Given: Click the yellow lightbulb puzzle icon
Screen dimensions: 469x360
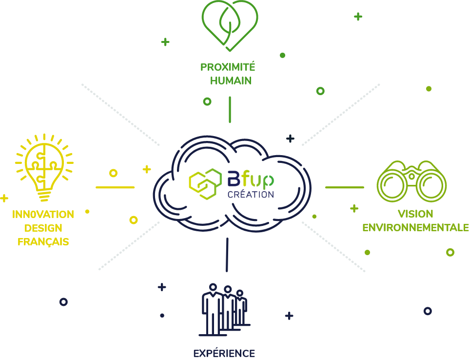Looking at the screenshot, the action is click(x=44, y=167).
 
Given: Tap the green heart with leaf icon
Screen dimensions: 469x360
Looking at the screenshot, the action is click(x=230, y=25).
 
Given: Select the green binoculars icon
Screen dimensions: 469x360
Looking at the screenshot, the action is click(x=411, y=181).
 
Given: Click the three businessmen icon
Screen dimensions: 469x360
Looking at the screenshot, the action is click(x=224, y=309).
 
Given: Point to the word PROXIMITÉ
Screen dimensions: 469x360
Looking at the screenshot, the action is click(x=228, y=67).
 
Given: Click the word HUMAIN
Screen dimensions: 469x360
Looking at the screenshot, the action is click(x=231, y=81).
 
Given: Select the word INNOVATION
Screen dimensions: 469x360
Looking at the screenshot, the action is click(x=43, y=214).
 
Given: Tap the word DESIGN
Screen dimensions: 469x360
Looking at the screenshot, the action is click(x=43, y=228).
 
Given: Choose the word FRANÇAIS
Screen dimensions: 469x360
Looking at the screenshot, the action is click(x=43, y=241).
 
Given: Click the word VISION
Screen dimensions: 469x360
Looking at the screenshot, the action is click(x=415, y=214).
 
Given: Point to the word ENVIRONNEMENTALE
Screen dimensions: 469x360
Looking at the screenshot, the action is click(x=415, y=227).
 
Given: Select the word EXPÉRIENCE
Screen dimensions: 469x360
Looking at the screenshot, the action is click(x=224, y=353).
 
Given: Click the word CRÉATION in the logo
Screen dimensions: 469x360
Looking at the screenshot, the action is click(x=251, y=195).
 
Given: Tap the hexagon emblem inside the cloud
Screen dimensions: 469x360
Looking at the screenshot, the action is click(x=205, y=184).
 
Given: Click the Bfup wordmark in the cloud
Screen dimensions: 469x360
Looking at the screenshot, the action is click(x=251, y=179).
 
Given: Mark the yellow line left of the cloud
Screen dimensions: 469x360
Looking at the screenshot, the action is click(x=115, y=187).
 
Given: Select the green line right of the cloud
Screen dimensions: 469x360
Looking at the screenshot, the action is click(x=345, y=187).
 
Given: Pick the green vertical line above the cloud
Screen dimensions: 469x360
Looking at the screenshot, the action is click(x=230, y=110).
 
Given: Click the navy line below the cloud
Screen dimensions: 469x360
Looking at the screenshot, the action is click(x=227, y=255).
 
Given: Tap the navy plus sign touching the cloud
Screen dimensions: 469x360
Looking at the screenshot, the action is click(x=290, y=139).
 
